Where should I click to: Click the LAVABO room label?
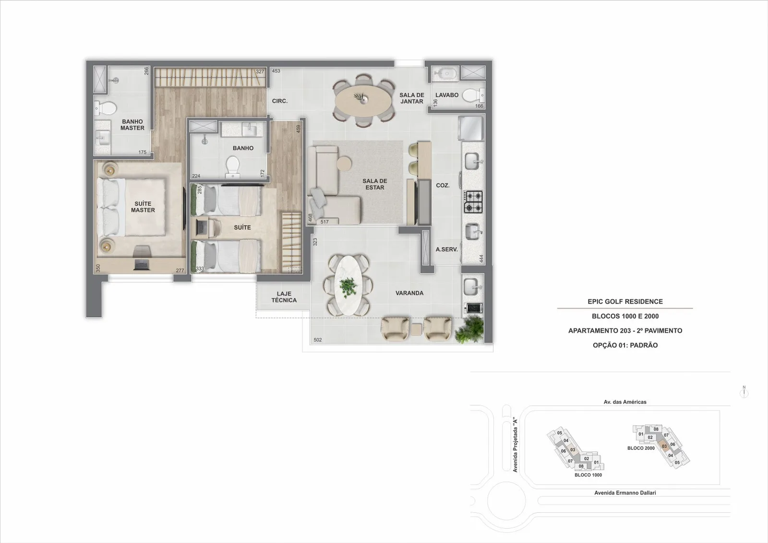point(447,95)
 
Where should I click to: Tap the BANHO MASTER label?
point(132,125)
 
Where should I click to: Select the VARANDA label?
point(409,293)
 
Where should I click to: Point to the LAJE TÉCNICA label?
point(284,297)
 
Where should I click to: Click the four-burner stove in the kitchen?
point(473,202)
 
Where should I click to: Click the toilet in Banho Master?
point(106,108)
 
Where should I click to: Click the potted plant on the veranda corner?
point(469,329)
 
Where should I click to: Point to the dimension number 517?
point(324,222)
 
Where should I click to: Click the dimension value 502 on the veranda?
point(317,340)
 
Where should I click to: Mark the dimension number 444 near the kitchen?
point(481,259)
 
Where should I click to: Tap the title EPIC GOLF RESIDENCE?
point(625,301)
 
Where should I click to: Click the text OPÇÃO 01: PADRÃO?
point(625,345)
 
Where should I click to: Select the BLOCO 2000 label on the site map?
point(641,448)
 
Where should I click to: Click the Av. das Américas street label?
point(624,402)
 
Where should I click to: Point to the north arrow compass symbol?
point(744,392)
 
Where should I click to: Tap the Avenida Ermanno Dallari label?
point(625,493)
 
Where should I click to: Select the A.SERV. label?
point(447,249)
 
